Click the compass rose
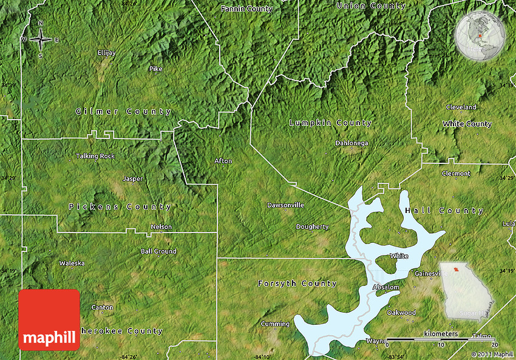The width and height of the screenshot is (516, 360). click(x=41, y=39)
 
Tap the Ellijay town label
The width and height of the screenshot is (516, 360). click(x=106, y=53)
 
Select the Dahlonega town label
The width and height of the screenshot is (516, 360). click(x=351, y=143)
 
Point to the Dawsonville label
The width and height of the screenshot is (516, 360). click(x=285, y=205)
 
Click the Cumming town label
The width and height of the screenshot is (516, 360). click(x=275, y=324)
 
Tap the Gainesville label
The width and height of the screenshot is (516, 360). click(x=430, y=274)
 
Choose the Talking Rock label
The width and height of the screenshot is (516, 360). click(x=95, y=156)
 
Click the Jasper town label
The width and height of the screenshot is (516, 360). click(x=133, y=179)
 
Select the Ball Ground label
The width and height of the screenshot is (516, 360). click(x=158, y=251)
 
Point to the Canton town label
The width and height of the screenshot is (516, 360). click(x=102, y=308)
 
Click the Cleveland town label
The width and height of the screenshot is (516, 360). click(x=461, y=107)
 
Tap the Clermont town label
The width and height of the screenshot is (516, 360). click(x=456, y=174)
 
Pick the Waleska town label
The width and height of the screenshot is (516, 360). click(x=72, y=263)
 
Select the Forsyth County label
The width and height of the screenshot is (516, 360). click(x=297, y=284)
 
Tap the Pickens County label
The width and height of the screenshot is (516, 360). click(x=120, y=207)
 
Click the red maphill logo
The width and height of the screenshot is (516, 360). click(x=49, y=319)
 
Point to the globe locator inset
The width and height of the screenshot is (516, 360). click(x=480, y=36)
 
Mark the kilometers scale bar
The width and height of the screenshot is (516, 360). click(x=441, y=339)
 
